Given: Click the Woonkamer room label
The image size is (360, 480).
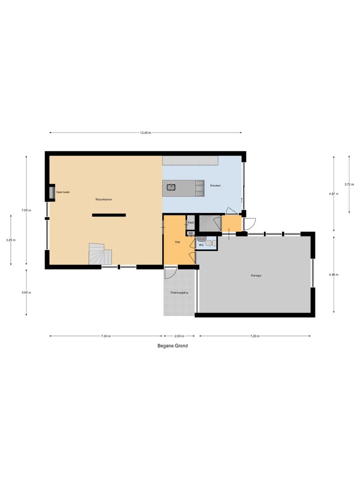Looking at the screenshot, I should pyautogui.click(x=103, y=199).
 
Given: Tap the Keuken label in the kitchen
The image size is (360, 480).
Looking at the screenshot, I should pyautogui.click(x=215, y=185).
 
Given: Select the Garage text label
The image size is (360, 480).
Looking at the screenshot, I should pyautogui.click(x=256, y=275).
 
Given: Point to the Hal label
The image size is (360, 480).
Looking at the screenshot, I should pyautogui.click(x=177, y=241).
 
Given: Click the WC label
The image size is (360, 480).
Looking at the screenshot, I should pyautogui.click(x=201, y=245).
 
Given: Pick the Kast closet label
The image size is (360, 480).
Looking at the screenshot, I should pyautogui.click(x=190, y=222).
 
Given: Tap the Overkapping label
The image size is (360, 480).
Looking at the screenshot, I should pyautogui.click(x=179, y=292).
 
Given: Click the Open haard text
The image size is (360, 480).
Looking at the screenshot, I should pyautogui.click(x=62, y=192).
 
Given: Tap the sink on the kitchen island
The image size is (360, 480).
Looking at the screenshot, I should pyautogui.click(x=170, y=187).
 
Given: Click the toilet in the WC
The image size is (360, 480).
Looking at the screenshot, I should pyautogui.click(x=213, y=243).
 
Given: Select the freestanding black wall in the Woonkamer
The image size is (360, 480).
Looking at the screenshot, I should pyautogui.click(x=108, y=215).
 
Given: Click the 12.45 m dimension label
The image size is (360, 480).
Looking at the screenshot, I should pyautogui.click(x=145, y=133).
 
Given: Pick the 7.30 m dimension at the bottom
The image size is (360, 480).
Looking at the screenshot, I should pyautogui.click(x=105, y=336).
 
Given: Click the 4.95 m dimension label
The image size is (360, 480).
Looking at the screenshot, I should pyautogui.click(x=333, y=274).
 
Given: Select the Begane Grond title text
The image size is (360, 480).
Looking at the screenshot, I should pyautogui.click(x=172, y=345).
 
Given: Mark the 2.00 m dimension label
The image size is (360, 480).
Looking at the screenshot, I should pyautogui.click(x=179, y=336).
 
